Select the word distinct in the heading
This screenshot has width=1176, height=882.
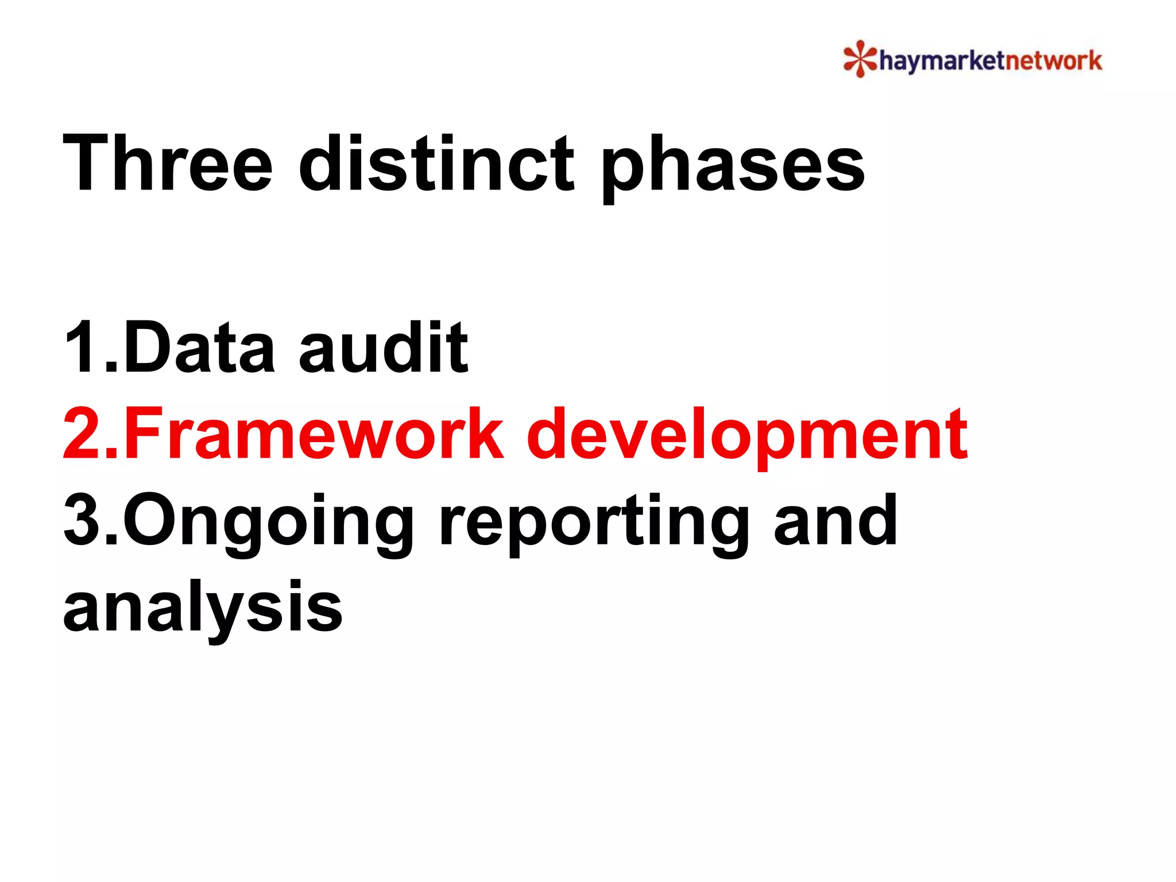[436, 163]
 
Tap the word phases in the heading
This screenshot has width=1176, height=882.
[732, 167]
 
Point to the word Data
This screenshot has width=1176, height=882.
[199, 348]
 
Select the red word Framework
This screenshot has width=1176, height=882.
[314, 434]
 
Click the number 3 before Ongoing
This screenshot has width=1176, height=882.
[84, 520]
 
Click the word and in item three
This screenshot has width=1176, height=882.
[835, 520]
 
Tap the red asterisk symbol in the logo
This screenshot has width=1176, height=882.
[860, 59]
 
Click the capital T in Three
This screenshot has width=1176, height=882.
[87, 163]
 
